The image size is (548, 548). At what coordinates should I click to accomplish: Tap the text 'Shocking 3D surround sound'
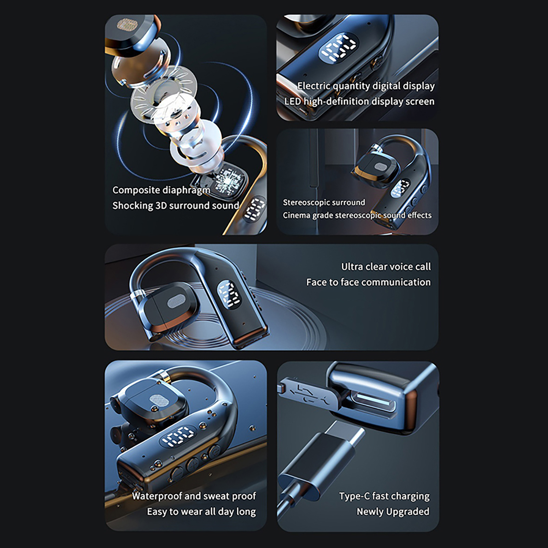coord(176,206)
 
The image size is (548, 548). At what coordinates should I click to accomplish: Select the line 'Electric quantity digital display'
coord(366,86)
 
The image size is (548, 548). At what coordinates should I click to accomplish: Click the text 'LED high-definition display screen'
coord(359,102)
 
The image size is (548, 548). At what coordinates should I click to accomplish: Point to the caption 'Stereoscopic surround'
coord(324,202)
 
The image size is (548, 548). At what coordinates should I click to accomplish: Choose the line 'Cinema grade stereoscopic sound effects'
coord(357,215)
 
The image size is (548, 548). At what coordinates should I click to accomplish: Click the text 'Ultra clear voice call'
coord(386,266)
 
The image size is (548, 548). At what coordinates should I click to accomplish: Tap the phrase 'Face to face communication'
coord(369,282)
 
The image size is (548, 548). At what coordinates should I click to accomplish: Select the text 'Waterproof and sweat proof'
coord(194,496)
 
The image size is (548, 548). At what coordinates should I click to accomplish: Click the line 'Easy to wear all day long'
coord(201,512)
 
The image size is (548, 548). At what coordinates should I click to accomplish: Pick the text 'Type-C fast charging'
coord(384,496)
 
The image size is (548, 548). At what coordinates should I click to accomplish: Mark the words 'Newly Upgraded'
coord(393,512)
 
